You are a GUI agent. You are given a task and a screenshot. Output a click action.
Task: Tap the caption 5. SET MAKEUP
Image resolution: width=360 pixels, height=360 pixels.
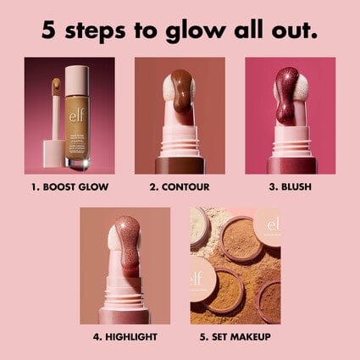tap(235, 336)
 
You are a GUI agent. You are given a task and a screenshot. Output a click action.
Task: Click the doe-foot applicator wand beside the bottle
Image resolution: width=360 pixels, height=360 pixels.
tap(57, 119)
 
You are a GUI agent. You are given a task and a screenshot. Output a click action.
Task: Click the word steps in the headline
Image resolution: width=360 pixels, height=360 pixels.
tap(97, 30)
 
